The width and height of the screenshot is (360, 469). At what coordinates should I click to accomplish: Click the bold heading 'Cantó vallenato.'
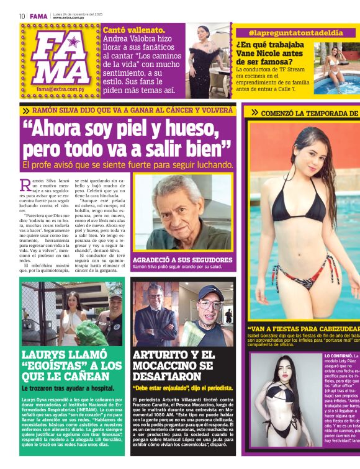(x=134, y=30)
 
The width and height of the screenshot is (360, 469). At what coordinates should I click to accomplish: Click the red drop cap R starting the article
(x=25, y=185)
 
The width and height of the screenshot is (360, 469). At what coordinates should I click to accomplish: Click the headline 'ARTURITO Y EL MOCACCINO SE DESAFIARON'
(x=174, y=364)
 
